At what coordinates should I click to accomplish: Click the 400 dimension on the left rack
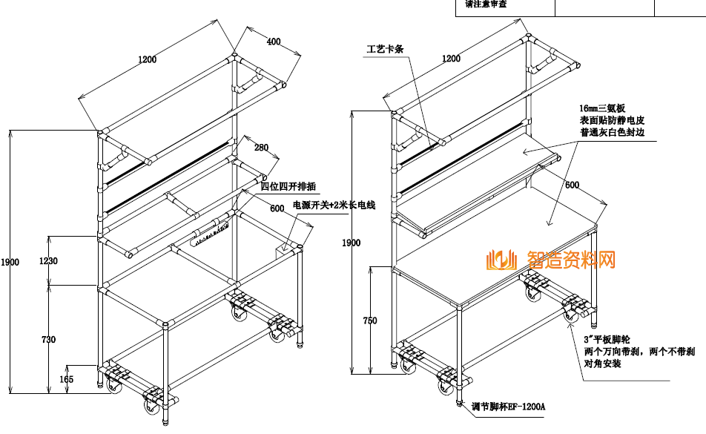click(274, 42)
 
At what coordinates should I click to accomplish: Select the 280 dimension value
click(260, 148)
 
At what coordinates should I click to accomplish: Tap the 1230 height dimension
click(50, 260)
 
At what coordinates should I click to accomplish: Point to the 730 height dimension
click(48, 339)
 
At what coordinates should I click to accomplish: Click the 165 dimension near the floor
click(67, 379)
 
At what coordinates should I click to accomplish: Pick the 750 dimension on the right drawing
click(369, 320)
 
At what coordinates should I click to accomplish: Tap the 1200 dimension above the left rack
click(147, 60)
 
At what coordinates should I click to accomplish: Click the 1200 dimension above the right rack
click(451, 59)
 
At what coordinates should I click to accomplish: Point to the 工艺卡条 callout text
click(384, 50)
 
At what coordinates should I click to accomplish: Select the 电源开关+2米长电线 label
click(334, 205)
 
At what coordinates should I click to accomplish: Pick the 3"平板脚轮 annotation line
click(607, 338)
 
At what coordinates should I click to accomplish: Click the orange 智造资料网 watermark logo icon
click(501, 260)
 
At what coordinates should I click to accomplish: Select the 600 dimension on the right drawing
click(573, 185)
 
